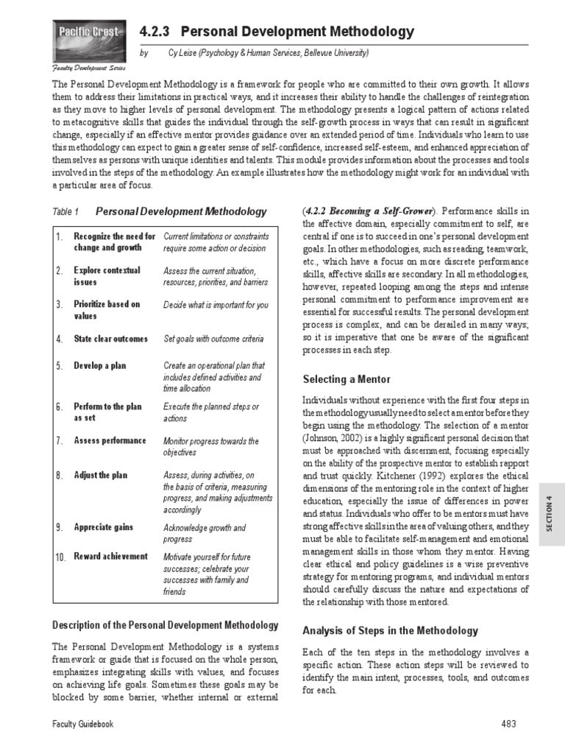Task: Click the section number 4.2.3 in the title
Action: click(154, 32)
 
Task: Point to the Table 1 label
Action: click(65, 212)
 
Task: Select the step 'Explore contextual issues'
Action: click(107, 276)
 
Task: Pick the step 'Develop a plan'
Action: click(100, 366)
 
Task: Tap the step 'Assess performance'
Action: click(110, 440)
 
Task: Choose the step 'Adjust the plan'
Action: click(100, 475)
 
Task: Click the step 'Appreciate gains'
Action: click(104, 527)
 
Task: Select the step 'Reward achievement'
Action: click(110, 556)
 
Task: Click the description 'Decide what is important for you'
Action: click(216, 305)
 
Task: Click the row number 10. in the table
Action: click(60, 557)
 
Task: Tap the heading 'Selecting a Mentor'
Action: click(347, 379)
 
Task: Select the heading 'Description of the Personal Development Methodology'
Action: click(166, 625)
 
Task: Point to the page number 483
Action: click(508, 725)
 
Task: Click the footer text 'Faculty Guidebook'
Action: click(82, 725)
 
